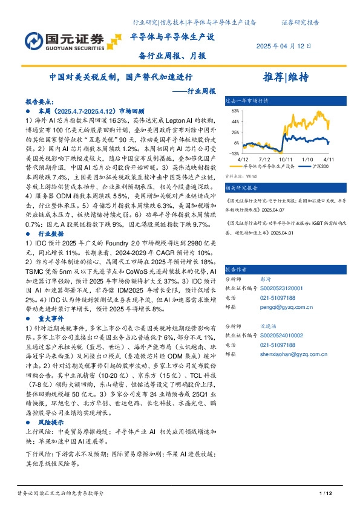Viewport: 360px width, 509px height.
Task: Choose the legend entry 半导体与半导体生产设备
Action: click(269, 166)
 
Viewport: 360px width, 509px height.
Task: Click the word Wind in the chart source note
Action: click(245, 175)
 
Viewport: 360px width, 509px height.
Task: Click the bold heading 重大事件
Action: click(53, 317)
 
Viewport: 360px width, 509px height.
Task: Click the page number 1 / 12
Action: click(325, 494)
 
